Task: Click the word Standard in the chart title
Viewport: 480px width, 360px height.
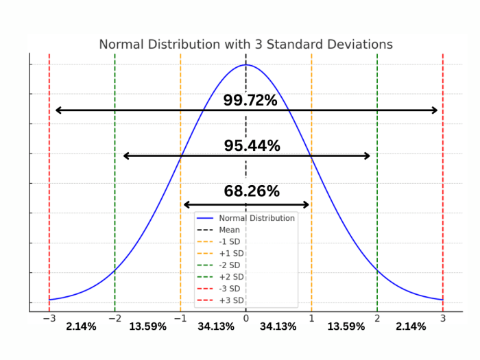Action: point(295,45)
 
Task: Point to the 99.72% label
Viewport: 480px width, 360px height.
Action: point(250,100)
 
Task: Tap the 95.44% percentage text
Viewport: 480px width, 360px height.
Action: point(252,145)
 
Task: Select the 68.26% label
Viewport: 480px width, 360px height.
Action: point(252,191)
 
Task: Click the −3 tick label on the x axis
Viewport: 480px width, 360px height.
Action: point(49,319)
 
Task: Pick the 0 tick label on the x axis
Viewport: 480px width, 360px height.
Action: point(245,319)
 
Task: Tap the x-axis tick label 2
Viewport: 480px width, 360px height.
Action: point(377,319)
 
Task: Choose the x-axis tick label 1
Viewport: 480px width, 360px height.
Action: point(311,319)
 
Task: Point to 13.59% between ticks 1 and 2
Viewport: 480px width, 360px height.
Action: point(346,326)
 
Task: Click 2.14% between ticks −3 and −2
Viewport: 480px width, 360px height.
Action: point(81,326)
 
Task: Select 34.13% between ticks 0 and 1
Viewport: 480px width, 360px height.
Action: point(278,326)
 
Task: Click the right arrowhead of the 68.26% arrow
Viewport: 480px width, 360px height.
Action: point(309,204)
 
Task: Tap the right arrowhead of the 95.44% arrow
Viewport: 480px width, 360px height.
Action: point(370,156)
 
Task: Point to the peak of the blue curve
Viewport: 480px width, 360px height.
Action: point(245,64)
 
